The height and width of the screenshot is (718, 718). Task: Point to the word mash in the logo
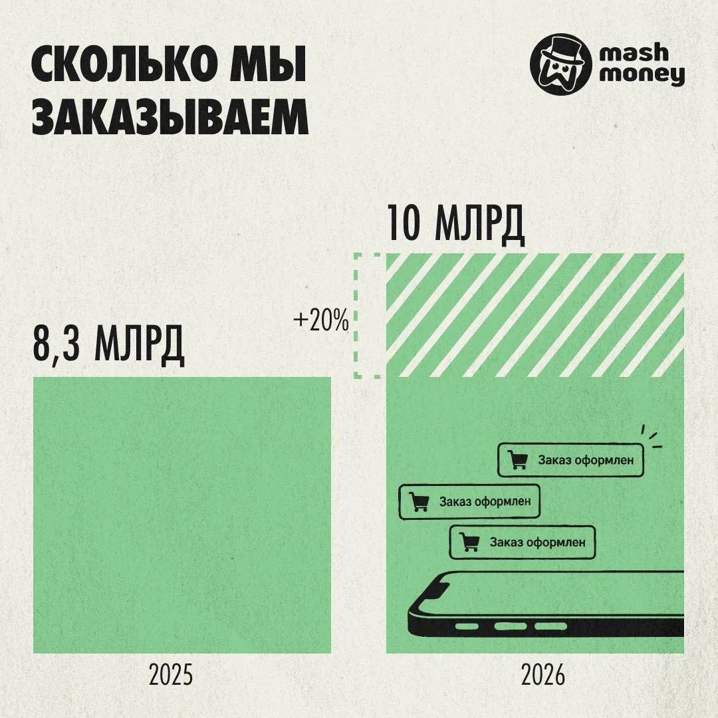[634, 53]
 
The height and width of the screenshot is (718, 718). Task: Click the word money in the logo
[642, 74]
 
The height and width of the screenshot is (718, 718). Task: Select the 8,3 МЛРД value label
[108, 344]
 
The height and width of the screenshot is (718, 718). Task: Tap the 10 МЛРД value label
[455, 223]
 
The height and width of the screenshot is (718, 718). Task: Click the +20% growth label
[321, 320]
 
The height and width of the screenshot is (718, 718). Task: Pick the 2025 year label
[171, 675]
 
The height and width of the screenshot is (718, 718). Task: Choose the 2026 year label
[543, 675]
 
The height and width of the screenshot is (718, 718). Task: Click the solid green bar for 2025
[181, 515]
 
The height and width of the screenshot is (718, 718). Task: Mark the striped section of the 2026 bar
[535, 315]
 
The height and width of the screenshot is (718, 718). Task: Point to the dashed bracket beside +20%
[357, 316]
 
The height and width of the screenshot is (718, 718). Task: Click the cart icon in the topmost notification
[518, 459]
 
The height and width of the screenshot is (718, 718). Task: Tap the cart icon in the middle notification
[419, 501]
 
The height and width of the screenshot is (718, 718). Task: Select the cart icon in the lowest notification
[469, 542]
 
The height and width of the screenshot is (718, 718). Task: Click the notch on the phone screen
[436, 588]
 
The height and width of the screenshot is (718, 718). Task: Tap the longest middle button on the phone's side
[510, 626]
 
